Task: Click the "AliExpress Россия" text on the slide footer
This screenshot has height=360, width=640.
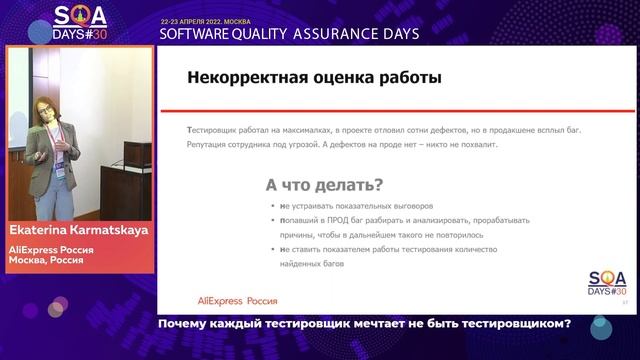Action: pyautogui.click(x=235, y=300)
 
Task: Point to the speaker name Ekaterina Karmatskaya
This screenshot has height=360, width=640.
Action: pyautogui.click(x=77, y=228)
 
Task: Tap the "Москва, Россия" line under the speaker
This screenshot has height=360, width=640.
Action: pyautogui.click(x=46, y=260)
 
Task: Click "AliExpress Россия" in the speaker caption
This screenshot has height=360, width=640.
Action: pyautogui.click(x=54, y=249)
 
